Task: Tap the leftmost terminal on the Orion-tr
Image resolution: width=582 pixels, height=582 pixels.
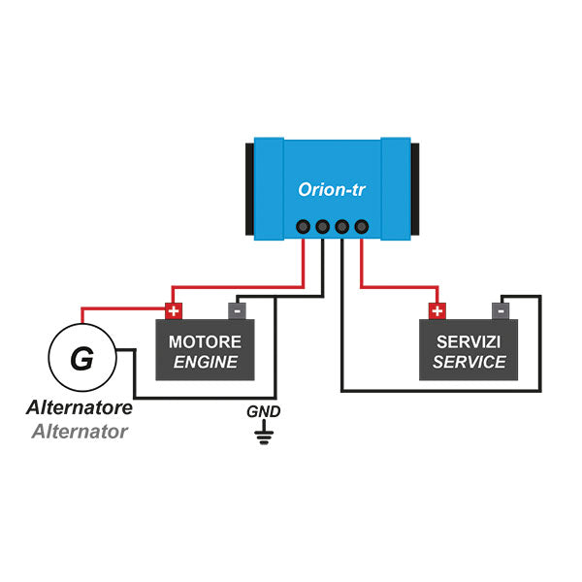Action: [x=302, y=227]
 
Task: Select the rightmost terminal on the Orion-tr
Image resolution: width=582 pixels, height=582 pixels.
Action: [x=362, y=227]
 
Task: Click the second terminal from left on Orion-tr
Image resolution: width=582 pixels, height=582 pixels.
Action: [x=322, y=227]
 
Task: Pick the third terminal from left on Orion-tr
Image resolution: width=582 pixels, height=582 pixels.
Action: [x=341, y=227]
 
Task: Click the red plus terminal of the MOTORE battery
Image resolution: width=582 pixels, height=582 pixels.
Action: [x=174, y=311]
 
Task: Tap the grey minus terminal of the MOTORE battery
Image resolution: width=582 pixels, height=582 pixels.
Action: [x=237, y=311]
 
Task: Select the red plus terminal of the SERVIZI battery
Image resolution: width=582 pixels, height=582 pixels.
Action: [x=437, y=311]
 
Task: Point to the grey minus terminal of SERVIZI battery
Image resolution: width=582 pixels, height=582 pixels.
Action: [x=500, y=311]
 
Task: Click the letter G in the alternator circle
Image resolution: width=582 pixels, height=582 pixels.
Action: [x=82, y=360]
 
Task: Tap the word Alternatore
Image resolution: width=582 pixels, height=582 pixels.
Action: [x=79, y=408]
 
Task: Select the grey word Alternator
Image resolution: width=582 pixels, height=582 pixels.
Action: [x=79, y=432]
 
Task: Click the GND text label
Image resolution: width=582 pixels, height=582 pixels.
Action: [x=263, y=411]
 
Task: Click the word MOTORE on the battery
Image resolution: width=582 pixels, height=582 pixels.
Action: [x=206, y=341]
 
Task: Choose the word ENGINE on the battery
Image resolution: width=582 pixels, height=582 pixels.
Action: [x=206, y=362]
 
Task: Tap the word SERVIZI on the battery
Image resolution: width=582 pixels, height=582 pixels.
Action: [x=469, y=341]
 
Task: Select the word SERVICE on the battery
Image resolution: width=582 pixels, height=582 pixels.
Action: [x=469, y=362]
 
